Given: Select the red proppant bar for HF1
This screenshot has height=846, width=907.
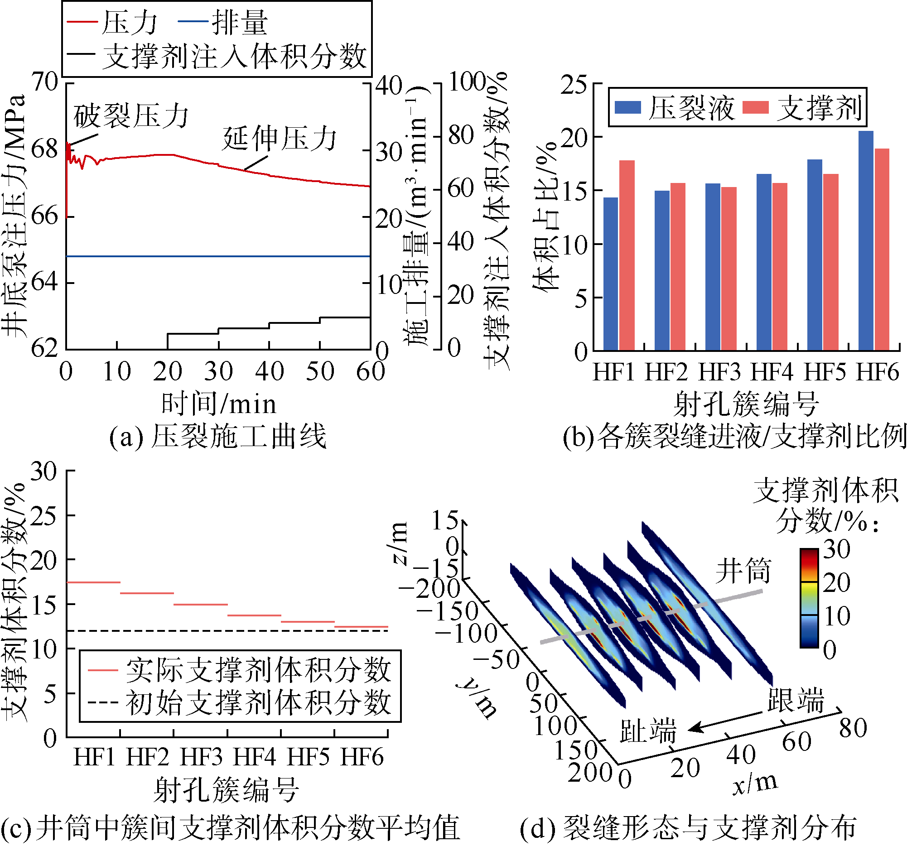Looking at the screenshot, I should (x=627, y=255).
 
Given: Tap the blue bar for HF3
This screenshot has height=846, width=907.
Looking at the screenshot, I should (x=713, y=267).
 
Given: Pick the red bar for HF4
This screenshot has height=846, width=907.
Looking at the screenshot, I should (x=780, y=267).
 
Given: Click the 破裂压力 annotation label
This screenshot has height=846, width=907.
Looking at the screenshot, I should (x=131, y=116).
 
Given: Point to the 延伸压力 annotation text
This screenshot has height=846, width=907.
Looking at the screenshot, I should (x=279, y=139).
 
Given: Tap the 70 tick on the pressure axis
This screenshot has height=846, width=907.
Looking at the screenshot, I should (x=45, y=82).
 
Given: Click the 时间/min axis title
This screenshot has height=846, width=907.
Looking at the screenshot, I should (x=218, y=404).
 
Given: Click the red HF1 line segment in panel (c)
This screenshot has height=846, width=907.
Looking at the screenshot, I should (x=93, y=582).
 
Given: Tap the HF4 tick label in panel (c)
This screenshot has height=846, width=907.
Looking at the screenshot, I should (x=254, y=758).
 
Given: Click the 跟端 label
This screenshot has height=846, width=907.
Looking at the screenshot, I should (x=796, y=700).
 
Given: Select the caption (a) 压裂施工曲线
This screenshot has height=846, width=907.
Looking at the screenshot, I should (x=217, y=436).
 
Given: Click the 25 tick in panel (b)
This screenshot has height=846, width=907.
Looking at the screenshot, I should (x=574, y=85).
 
